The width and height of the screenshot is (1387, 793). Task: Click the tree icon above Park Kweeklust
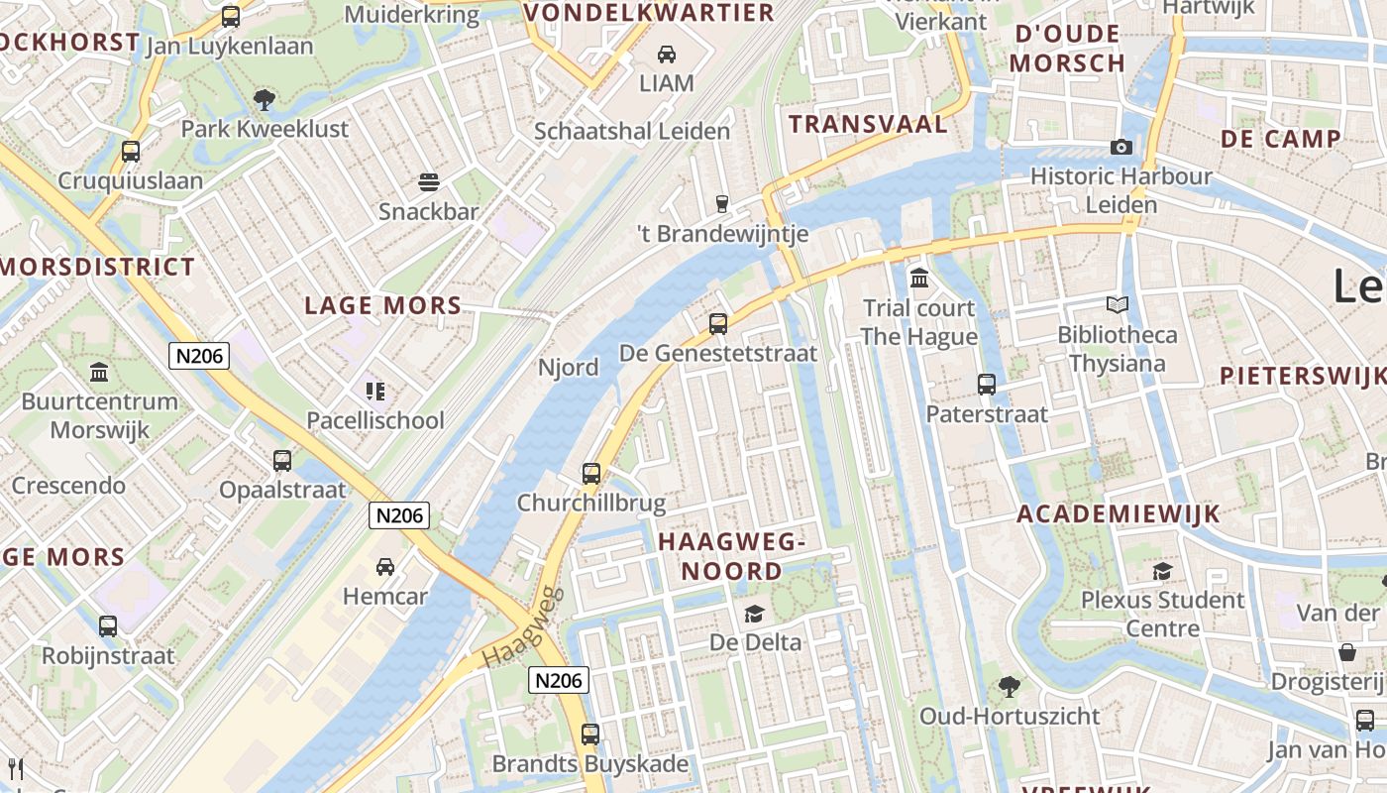[x=264, y=98]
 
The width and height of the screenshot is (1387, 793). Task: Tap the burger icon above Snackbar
[x=429, y=181]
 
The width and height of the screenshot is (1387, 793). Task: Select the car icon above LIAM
[x=667, y=54]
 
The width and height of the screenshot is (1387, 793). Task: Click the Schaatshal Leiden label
[x=632, y=131]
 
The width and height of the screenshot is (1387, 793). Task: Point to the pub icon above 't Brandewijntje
[x=722, y=203]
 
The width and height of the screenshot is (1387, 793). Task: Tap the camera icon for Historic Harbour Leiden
[x=1121, y=147]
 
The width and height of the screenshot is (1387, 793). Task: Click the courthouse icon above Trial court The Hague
[x=919, y=278]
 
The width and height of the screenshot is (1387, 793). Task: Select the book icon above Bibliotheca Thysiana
[x=1118, y=304]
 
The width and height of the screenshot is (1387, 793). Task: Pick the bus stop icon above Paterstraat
[x=987, y=384]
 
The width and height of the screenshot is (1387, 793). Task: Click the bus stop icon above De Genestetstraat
[x=718, y=323]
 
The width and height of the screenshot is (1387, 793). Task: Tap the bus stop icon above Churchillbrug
[x=591, y=473]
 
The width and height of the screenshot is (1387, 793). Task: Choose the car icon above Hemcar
[x=385, y=566]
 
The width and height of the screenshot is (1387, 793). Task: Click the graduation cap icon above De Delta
[x=755, y=613]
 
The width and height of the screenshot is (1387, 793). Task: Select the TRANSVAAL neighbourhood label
[x=868, y=124]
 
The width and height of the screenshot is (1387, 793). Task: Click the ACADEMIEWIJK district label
[x=1119, y=513]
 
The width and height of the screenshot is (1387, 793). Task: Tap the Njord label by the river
[x=569, y=368]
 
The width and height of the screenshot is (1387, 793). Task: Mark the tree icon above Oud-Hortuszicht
[x=1010, y=685]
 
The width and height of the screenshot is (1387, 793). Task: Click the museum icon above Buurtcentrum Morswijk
[x=99, y=372]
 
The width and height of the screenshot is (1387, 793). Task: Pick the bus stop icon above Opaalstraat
[x=282, y=460]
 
